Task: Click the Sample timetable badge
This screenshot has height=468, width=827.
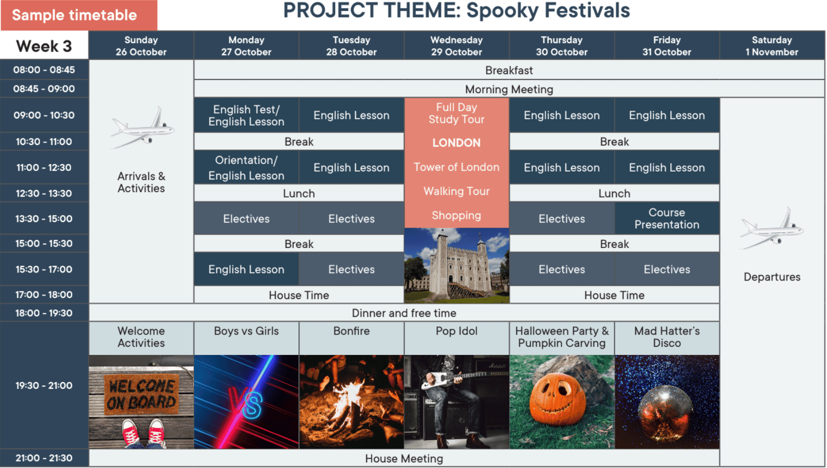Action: pyautogui.click(x=79, y=15)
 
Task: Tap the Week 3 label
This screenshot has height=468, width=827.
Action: pyautogui.click(x=44, y=46)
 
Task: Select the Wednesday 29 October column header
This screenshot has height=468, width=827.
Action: pyautogui.click(x=457, y=45)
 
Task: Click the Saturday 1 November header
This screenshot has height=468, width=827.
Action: pyautogui.click(x=772, y=45)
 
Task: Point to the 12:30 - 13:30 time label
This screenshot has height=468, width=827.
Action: pyautogui.click(x=44, y=193)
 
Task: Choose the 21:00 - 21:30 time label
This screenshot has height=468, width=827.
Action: pyautogui.click(x=44, y=458)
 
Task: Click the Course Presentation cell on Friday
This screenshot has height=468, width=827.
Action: pyautogui.click(x=667, y=218)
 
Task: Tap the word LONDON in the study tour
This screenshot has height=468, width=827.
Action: pyautogui.click(x=457, y=142)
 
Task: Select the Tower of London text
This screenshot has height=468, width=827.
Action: pyautogui.click(x=457, y=167)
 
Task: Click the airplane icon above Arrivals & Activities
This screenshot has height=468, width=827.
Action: pyautogui.click(x=142, y=128)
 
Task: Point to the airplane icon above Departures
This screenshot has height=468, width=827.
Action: pyautogui.click(x=772, y=228)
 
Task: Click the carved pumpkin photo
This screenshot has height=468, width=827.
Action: pyautogui.click(x=562, y=402)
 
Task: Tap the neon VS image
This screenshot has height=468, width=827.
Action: pyautogui.click(x=246, y=402)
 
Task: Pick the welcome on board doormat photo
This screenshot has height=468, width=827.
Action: pyautogui.click(x=141, y=402)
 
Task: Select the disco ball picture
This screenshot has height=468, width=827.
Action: pyautogui.click(x=667, y=402)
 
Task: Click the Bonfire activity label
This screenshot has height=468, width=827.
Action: pyautogui.click(x=351, y=331)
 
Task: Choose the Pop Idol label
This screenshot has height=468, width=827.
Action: pyautogui.click(x=457, y=331)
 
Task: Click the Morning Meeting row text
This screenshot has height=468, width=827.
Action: pyautogui.click(x=509, y=89)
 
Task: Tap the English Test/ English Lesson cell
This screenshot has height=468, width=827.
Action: pyautogui.click(x=246, y=115)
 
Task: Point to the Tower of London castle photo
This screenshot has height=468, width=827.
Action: pyautogui.click(x=457, y=265)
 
